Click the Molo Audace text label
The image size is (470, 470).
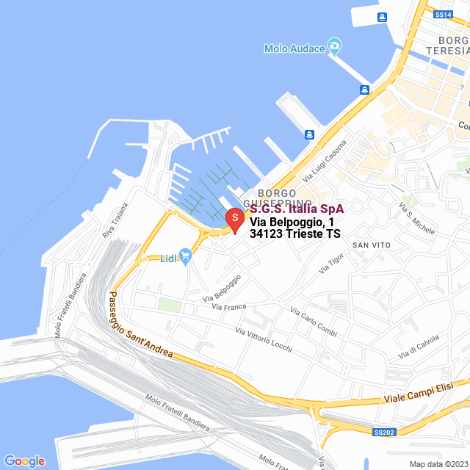click(294, 48)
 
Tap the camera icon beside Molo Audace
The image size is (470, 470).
click(334, 48)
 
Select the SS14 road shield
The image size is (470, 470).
click(442, 15)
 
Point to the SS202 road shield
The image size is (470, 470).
click(384, 433)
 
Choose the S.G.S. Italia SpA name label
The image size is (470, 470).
click(297, 209)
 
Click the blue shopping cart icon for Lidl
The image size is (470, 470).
click(185, 256)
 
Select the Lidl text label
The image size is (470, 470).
click(169, 258)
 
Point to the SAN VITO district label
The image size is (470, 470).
click(371, 244)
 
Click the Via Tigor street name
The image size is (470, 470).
click(331, 263)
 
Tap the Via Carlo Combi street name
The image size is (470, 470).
click(314, 323)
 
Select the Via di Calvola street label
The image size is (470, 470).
click(419, 347)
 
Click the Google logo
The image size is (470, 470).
click(24, 460)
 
